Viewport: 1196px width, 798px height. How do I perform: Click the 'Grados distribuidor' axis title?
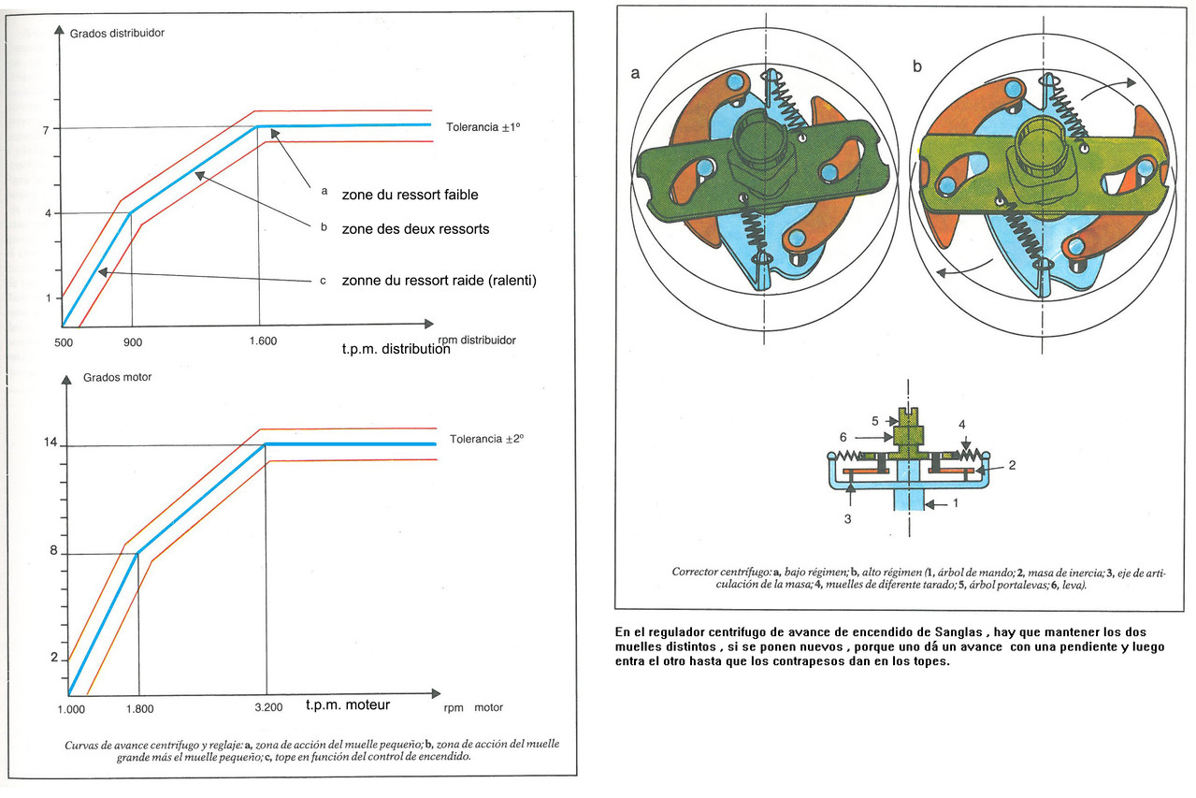(x=117, y=33)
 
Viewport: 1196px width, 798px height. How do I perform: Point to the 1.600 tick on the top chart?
(x=263, y=341)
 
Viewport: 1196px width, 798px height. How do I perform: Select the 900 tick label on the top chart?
(x=133, y=342)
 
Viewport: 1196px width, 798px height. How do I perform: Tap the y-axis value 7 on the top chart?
(x=46, y=130)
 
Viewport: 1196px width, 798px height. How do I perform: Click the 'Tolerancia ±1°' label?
(x=483, y=127)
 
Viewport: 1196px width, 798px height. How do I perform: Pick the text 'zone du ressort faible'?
(x=411, y=195)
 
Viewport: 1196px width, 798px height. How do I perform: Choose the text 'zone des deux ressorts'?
(x=415, y=228)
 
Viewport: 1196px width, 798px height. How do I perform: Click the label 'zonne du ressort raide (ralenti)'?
(x=439, y=281)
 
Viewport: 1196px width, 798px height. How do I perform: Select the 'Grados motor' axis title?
(x=117, y=377)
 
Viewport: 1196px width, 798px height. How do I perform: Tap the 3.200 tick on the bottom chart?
(x=268, y=707)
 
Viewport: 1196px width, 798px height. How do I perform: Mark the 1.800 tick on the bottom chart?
(x=140, y=709)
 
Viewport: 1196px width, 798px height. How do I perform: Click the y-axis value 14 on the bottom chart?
(x=50, y=442)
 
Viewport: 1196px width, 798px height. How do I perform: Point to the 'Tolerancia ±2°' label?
(x=486, y=439)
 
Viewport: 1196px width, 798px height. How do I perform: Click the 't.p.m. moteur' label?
(x=348, y=705)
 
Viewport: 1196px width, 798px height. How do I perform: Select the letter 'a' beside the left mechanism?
(x=635, y=73)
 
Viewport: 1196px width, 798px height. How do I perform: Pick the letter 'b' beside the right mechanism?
(x=917, y=66)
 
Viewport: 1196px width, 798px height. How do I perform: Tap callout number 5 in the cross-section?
(x=875, y=421)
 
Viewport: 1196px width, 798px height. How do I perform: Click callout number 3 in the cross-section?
(x=847, y=518)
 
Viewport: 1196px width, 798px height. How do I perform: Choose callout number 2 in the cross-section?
(x=1012, y=465)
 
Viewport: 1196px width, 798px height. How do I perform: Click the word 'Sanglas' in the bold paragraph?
(x=958, y=632)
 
